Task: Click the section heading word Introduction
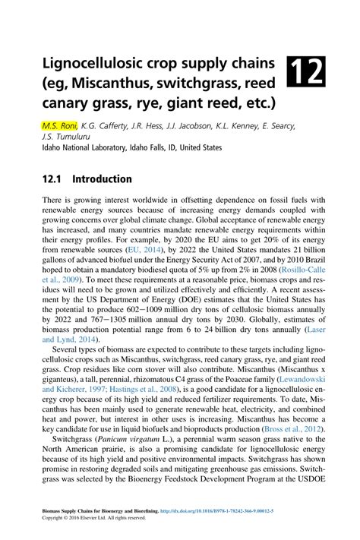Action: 103,179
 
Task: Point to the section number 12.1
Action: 51,179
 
